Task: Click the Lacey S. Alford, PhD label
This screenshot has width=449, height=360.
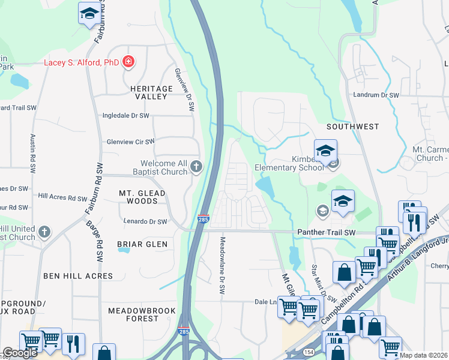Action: click(80, 62)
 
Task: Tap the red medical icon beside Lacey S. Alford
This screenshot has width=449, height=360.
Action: click(128, 61)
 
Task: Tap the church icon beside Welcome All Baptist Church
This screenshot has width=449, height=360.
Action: click(196, 167)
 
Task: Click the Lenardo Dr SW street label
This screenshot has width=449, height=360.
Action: click(145, 221)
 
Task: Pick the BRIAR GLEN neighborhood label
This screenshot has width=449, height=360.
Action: click(142, 244)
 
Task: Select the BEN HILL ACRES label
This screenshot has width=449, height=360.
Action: click(78, 276)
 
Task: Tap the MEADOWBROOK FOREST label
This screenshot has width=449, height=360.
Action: click(142, 314)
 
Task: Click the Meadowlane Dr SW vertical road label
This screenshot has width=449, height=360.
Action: click(221, 265)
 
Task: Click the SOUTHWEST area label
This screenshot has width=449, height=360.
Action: click(353, 127)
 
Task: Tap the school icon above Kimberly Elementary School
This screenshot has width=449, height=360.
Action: click(325, 151)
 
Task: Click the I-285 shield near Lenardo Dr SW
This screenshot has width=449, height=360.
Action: click(203, 220)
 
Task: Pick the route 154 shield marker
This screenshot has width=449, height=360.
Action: click(309, 352)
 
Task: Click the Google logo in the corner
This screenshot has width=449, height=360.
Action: click(20, 353)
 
